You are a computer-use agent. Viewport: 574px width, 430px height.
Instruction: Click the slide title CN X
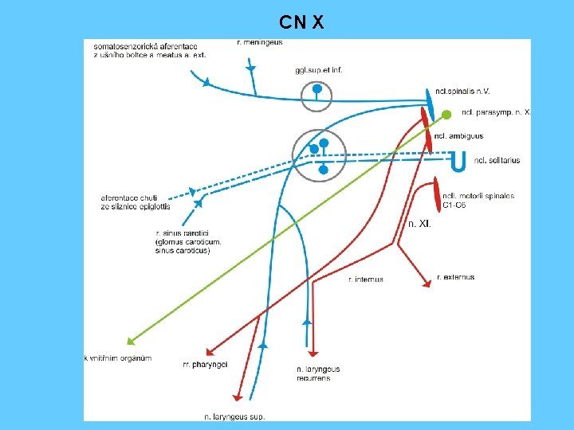pyautogui.click(x=301, y=22)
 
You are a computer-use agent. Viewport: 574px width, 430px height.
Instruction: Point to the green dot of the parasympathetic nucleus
pyautogui.click(x=446, y=115)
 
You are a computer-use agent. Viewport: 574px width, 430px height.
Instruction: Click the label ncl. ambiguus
pyautogui.click(x=462, y=136)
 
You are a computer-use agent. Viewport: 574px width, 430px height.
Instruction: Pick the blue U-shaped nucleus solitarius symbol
pyautogui.click(x=458, y=161)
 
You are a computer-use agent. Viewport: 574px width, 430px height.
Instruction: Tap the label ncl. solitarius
pyautogui.click(x=497, y=160)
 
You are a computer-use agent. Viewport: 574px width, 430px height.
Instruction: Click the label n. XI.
pyautogui.click(x=419, y=224)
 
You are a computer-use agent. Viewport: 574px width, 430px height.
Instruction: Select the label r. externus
pyautogui.click(x=455, y=277)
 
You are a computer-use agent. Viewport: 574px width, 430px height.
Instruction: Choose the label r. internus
pyautogui.click(x=365, y=279)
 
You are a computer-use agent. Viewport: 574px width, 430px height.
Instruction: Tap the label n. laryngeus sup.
pyautogui.click(x=234, y=416)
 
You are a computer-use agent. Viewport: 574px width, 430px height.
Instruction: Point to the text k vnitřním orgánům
pyautogui.click(x=117, y=358)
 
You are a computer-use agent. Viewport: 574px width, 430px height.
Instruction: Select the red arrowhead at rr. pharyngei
pyautogui.click(x=210, y=353)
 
